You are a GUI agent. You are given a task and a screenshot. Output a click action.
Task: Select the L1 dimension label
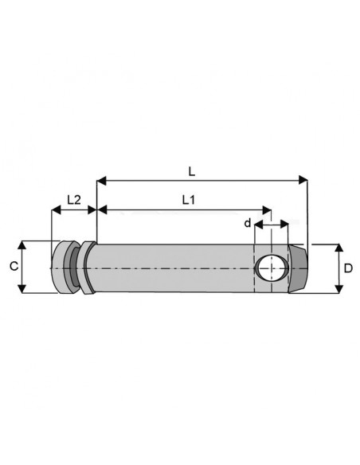pos(188,200)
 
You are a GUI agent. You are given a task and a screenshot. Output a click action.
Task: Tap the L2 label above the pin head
pos(72,200)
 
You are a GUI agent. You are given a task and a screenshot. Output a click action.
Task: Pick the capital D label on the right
pos(348,269)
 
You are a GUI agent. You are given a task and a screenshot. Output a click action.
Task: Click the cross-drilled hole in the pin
pos(271,268)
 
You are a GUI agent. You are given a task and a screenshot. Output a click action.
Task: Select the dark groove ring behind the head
pos(74,268)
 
